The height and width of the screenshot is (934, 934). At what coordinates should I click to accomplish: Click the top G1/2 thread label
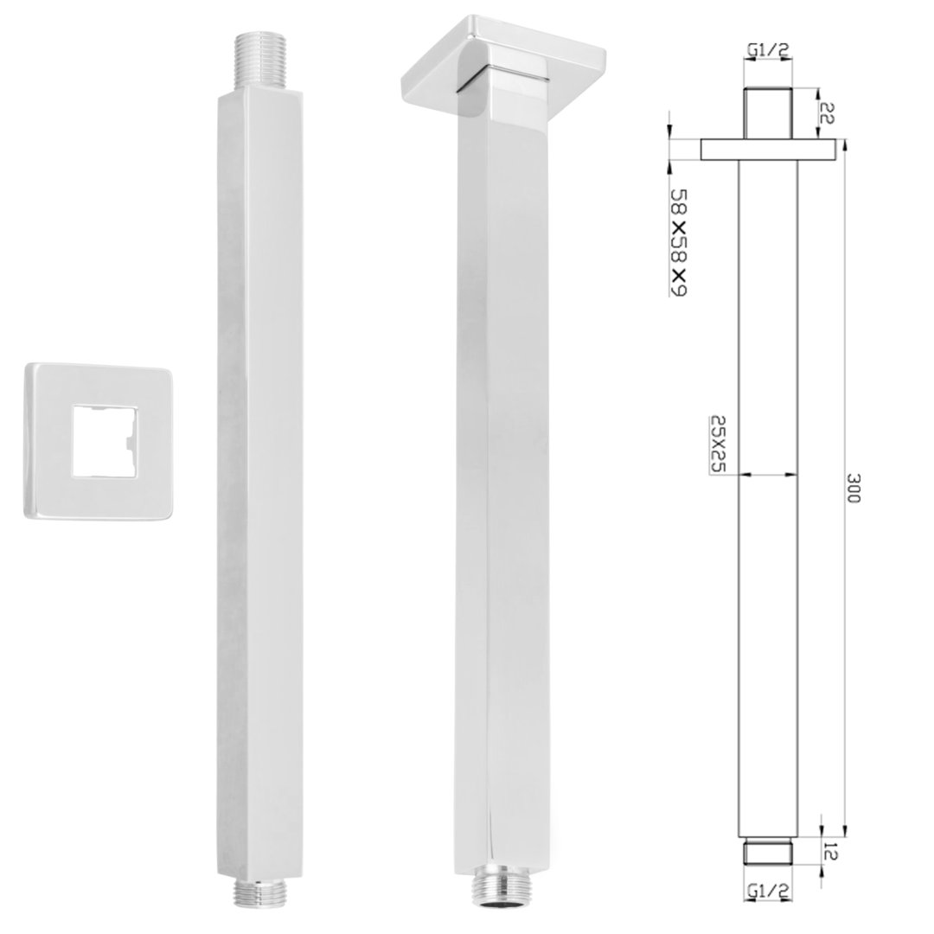[768, 51]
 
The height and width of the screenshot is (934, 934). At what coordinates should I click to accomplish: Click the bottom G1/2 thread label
[768, 891]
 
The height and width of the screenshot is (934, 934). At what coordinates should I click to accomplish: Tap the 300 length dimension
[854, 487]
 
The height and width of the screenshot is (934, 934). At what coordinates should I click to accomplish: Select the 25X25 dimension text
[719, 443]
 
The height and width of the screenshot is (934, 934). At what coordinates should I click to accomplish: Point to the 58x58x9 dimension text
[679, 242]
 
